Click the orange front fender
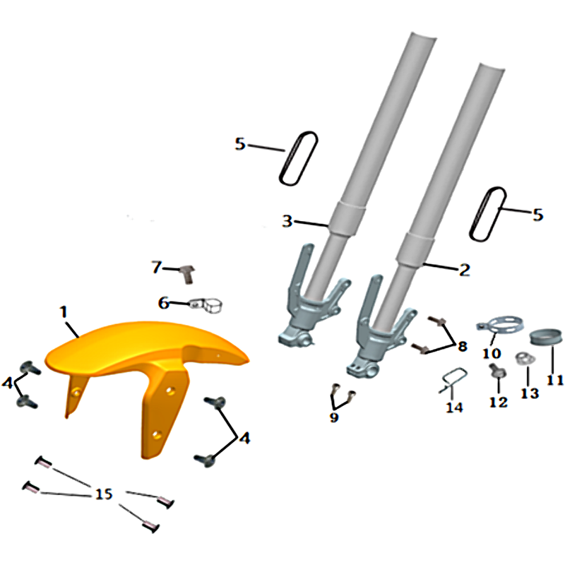coord(144,364)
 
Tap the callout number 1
coord(64,312)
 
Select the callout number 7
coord(157,268)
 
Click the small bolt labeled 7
coord(187,274)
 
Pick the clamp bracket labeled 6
coord(206,305)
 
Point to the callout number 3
coord(287,220)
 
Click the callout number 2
coord(465,270)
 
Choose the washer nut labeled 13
coord(524,358)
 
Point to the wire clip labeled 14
coord(453,379)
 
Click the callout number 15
coord(104,494)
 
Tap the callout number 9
coord(334,417)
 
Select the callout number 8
coord(463,347)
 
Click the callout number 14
coord(454,408)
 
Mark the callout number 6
coord(164,303)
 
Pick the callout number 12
coord(499,402)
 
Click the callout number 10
coord(492,354)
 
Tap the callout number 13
coord(530,393)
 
